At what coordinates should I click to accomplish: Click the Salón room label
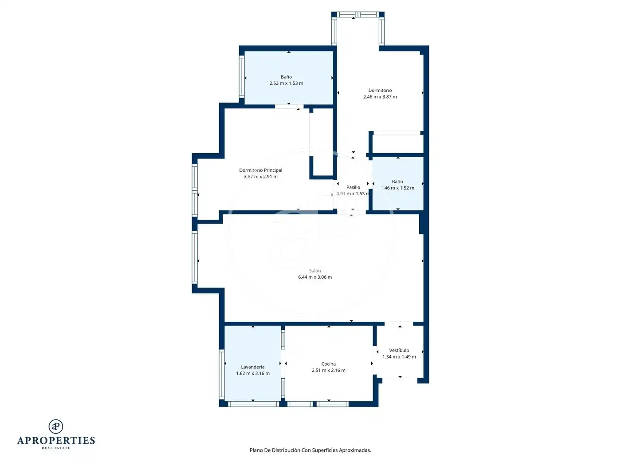click(x=314, y=271)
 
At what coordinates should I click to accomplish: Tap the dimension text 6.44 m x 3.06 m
click(x=315, y=277)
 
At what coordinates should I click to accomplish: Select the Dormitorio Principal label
click(x=260, y=170)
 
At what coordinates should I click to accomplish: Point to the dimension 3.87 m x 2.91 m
click(x=260, y=177)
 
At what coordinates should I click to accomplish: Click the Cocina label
click(x=329, y=364)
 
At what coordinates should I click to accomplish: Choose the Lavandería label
click(x=253, y=367)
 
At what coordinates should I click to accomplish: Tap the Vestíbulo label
click(x=399, y=350)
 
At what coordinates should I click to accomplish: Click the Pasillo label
click(x=353, y=187)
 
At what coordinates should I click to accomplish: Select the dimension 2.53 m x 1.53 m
click(x=286, y=83)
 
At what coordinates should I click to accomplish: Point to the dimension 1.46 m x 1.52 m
click(x=397, y=188)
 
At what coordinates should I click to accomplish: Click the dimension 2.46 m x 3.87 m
click(x=380, y=97)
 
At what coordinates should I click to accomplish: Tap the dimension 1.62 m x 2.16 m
click(x=253, y=374)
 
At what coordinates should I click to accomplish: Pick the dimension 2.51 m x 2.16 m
click(x=329, y=371)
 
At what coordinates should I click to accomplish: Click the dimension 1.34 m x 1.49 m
click(x=399, y=357)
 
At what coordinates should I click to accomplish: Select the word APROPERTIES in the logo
click(x=56, y=441)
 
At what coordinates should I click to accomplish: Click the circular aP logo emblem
click(x=56, y=427)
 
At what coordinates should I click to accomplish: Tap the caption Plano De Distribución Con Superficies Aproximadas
click(x=310, y=450)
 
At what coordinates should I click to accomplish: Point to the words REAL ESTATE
click(x=56, y=448)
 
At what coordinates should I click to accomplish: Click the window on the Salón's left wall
click(x=195, y=257)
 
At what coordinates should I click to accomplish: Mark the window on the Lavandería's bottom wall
click(x=254, y=404)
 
